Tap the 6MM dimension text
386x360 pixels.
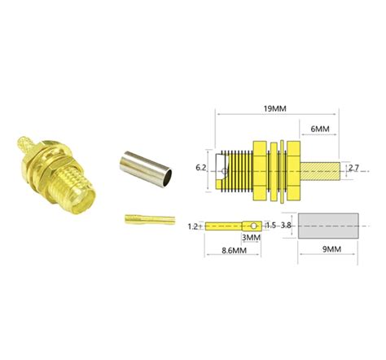(x=320, y=129)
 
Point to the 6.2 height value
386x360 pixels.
(x=201, y=168)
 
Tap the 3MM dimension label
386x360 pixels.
(x=252, y=237)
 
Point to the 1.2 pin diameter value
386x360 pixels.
(x=193, y=225)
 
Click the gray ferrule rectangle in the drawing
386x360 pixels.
(x=328, y=225)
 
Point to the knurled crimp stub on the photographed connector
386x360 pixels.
(x=26, y=147)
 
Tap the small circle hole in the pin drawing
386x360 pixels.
(x=253, y=225)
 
